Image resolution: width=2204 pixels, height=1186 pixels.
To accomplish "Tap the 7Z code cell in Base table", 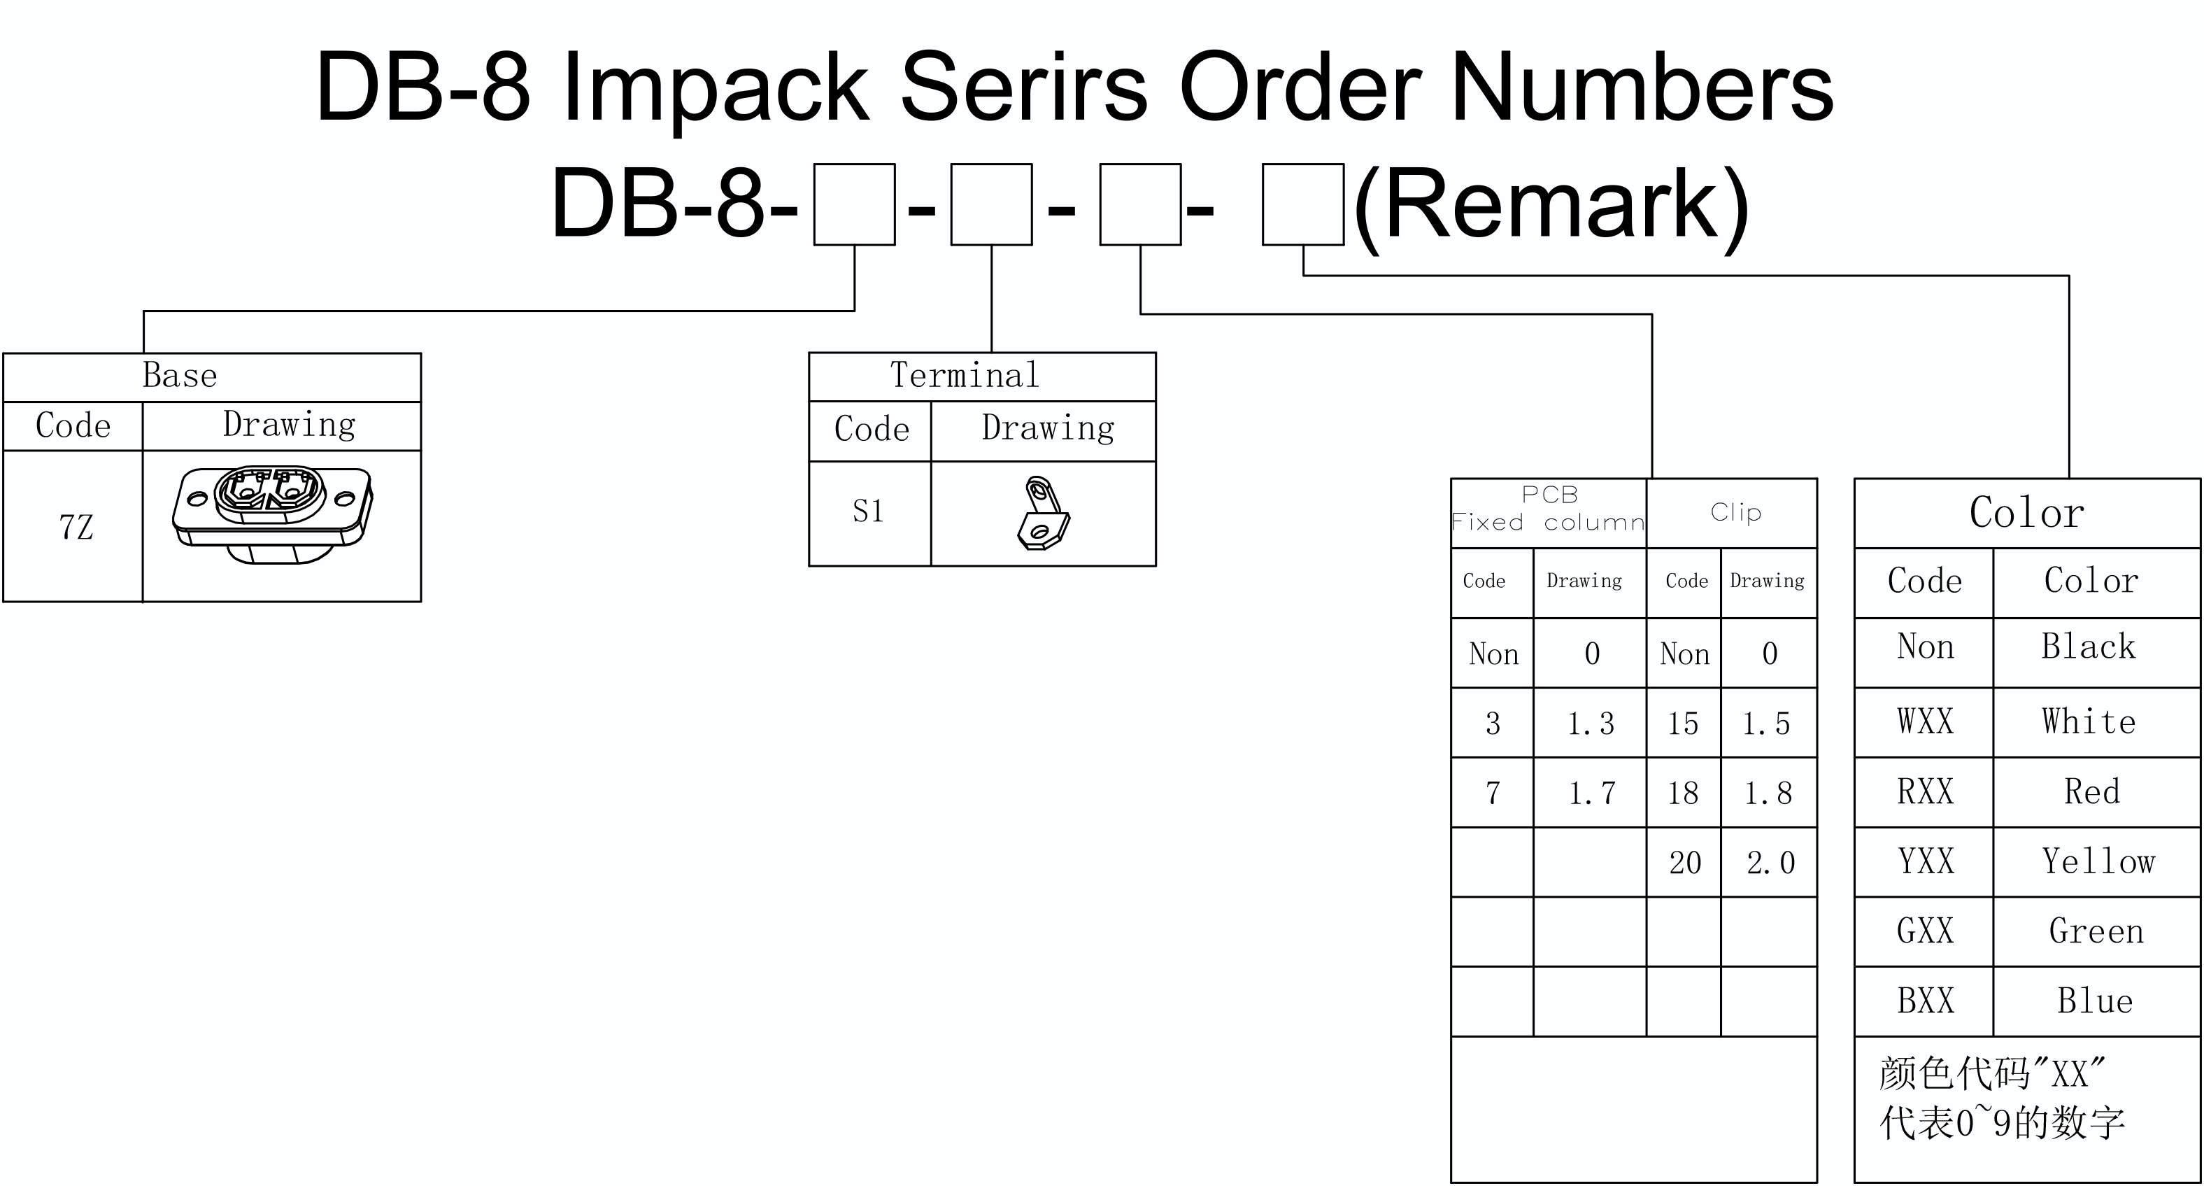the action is pyautogui.click(x=76, y=527).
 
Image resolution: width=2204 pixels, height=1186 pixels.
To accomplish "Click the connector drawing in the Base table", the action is pyautogui.click(x=273, y=514).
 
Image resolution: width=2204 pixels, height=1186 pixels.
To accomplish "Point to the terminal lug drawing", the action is pyautogui.click(x=1043, y=513).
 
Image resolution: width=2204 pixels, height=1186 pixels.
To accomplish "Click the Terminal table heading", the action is pyautogui.click(x=965, y=375).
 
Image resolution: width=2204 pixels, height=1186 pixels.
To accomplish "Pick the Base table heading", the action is pyautogui.click(x=180, y=375).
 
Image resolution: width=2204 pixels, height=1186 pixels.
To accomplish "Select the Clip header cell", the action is pyautogui.click(x=1735, y=511).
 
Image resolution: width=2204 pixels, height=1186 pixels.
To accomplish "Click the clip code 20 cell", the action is pyautogui.click(x=1685, y=863).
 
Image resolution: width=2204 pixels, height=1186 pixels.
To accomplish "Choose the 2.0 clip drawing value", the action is pyautogui.click(x=1770, y=863).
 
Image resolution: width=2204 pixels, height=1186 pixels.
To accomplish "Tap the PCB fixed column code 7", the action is pyautogui.click(x=1493, y=793).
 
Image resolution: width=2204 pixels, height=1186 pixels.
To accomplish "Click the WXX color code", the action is pyautogui.click(x=1925, y=721).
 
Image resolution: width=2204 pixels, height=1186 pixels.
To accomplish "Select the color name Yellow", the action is pyautogui.click(x=2098, y=861).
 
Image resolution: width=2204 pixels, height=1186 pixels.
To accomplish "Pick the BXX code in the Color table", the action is pyautogui.click(x=1925, y=1001).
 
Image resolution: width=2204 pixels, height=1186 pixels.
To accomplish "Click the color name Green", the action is pyautogui.click(x=2096, y=931).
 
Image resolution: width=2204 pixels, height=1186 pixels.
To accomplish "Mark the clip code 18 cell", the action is pyautogui.click(x=1683, y=793).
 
